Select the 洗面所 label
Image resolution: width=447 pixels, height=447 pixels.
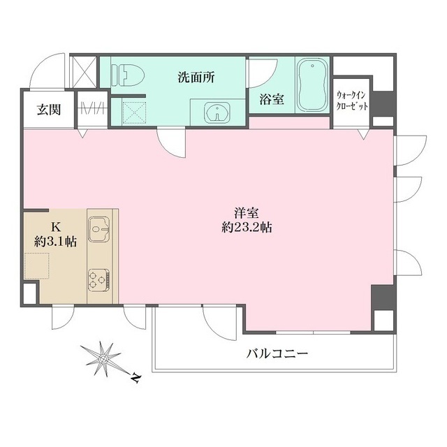pos(196,77)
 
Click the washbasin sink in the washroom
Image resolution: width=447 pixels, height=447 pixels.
pos(215,112)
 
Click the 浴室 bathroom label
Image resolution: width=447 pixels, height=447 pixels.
pos(272,99)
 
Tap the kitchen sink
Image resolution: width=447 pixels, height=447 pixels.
pos(99,228)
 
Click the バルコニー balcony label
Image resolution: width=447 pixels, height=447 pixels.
pos(277,353)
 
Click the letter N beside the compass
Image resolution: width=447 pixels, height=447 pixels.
pos(135,378)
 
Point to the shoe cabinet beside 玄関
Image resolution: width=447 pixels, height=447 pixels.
pos(90,109)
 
